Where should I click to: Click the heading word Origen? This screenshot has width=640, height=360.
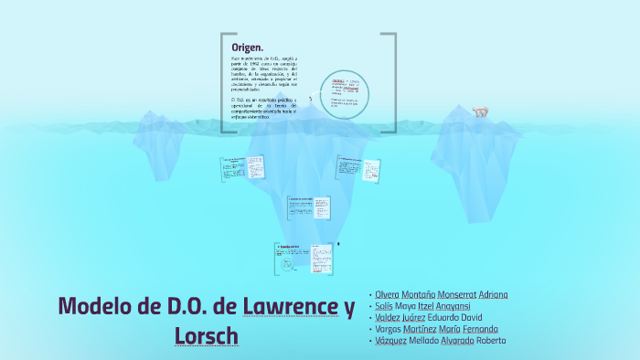coord(247,48)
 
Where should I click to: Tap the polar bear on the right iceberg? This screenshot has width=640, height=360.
coord(480,112)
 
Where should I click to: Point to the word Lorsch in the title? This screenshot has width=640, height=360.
coord(206,335)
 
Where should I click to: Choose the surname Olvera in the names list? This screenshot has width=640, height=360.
coord(387,294)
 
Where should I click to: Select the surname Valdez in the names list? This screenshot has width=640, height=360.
coord(388,317)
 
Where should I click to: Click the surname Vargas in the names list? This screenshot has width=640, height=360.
coord(388,329)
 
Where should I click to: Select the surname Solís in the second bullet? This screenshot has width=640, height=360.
coord(384,306)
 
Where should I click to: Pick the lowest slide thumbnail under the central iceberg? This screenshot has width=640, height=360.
coord(304,259)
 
